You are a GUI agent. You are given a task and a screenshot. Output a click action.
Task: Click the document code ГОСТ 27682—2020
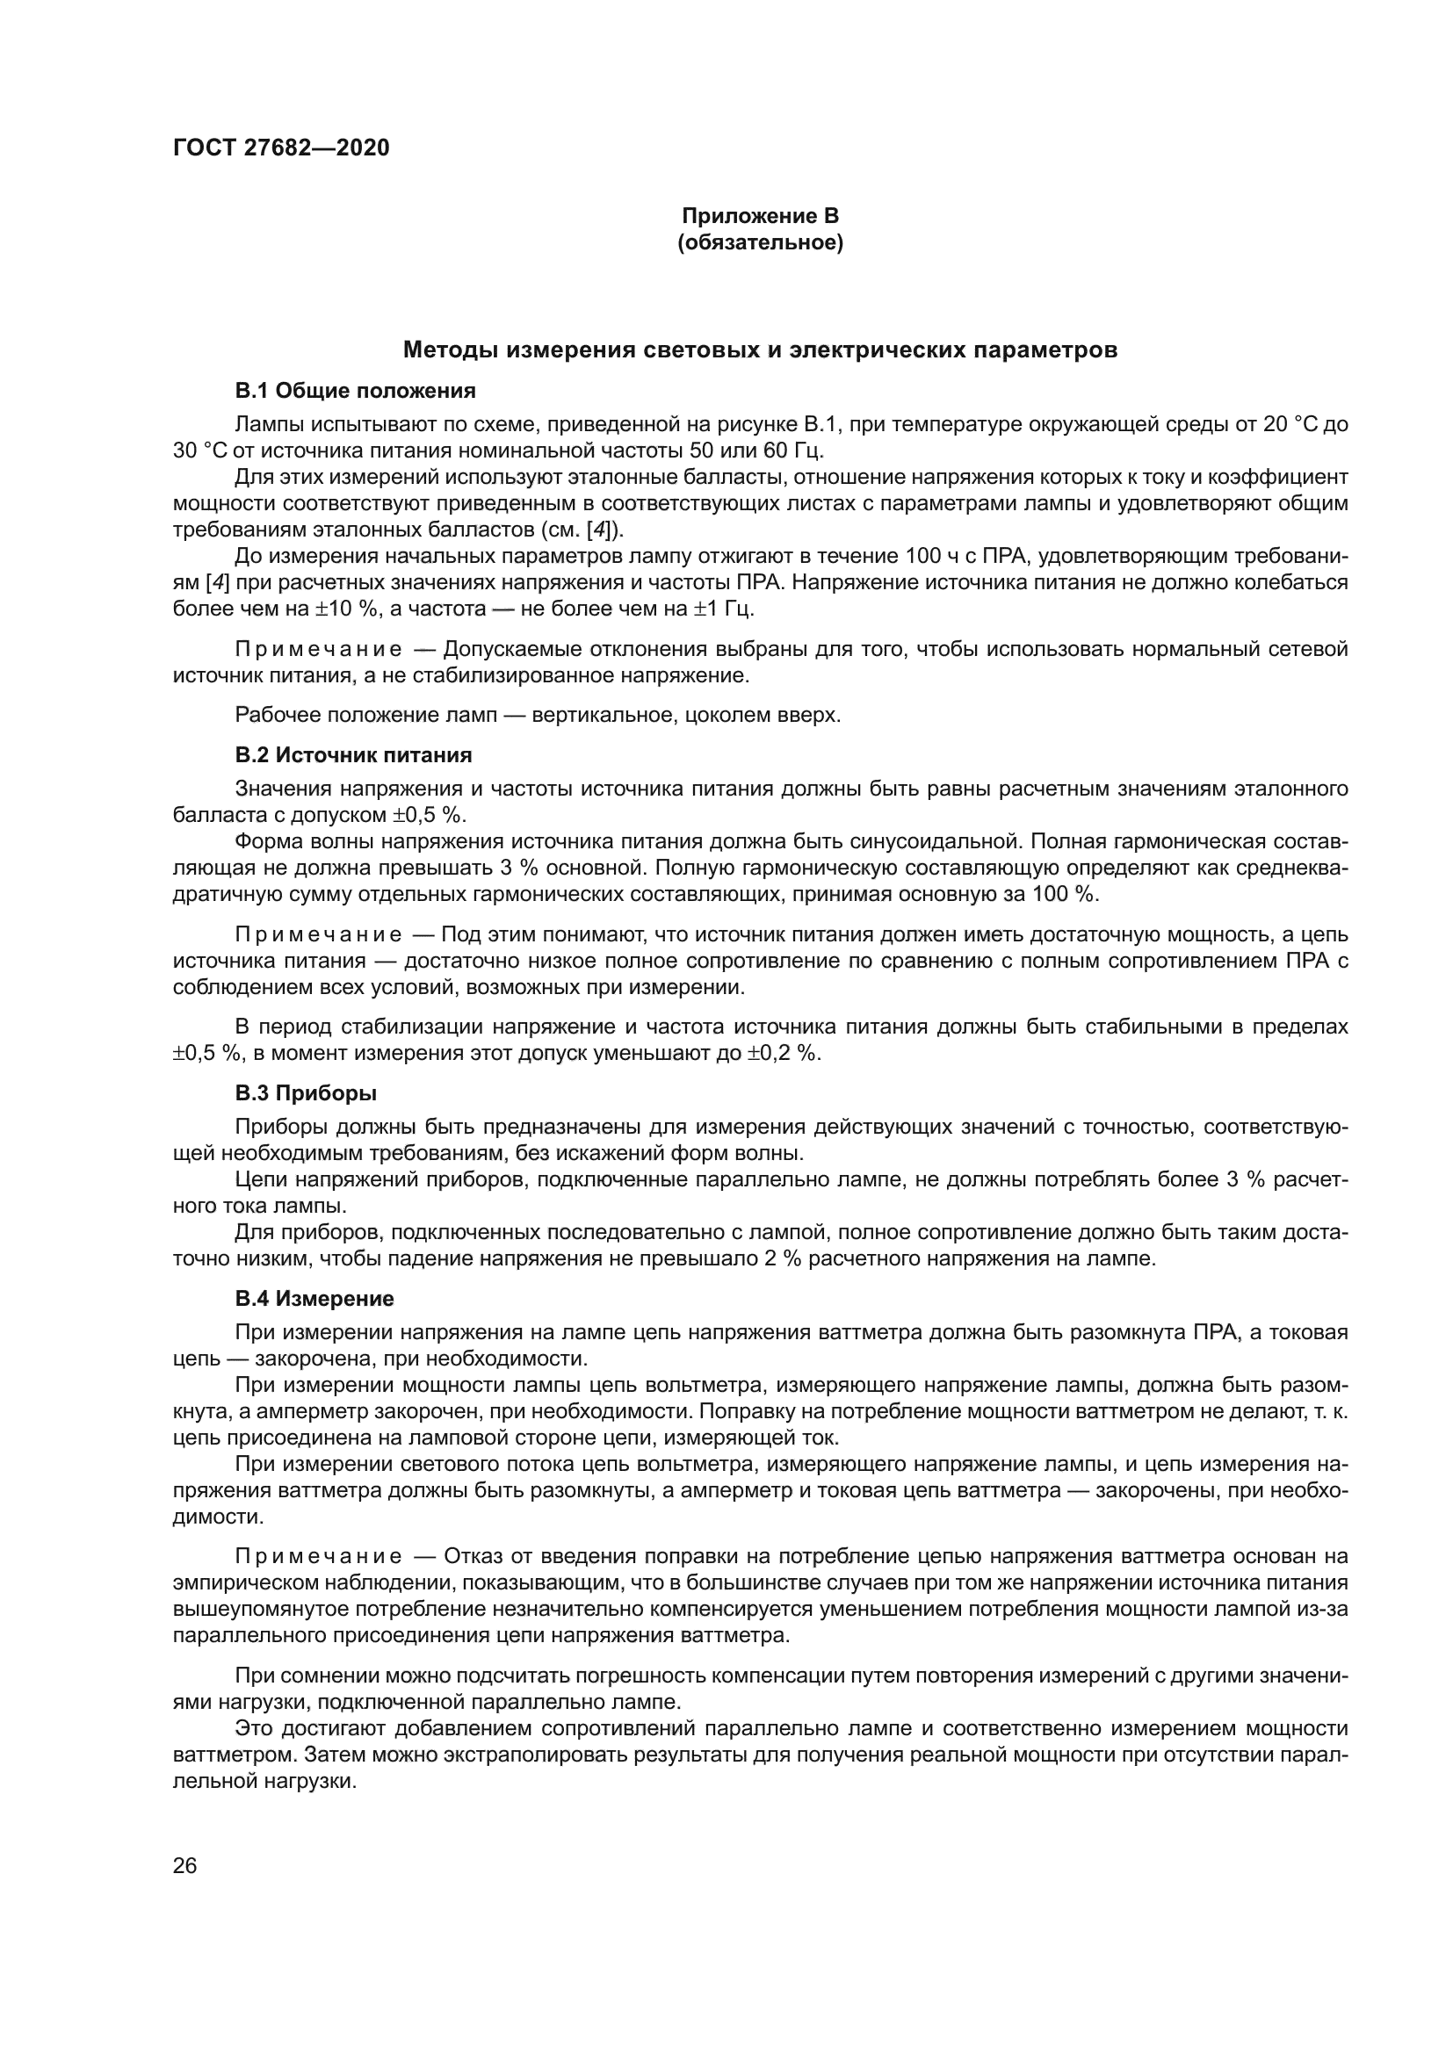(281, 148)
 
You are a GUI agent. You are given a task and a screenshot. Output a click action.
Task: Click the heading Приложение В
(760, 216)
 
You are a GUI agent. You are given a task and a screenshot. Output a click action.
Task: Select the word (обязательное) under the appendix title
(760, 242)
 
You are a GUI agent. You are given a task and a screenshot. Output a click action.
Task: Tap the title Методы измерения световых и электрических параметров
(760, 350)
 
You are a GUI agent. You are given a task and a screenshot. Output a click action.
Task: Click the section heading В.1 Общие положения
(355, 391)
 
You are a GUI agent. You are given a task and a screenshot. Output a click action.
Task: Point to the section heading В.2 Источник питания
(353, 755)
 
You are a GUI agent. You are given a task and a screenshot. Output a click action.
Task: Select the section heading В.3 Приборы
(306, 1093)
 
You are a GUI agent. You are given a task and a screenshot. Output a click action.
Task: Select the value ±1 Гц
(723, 609)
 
